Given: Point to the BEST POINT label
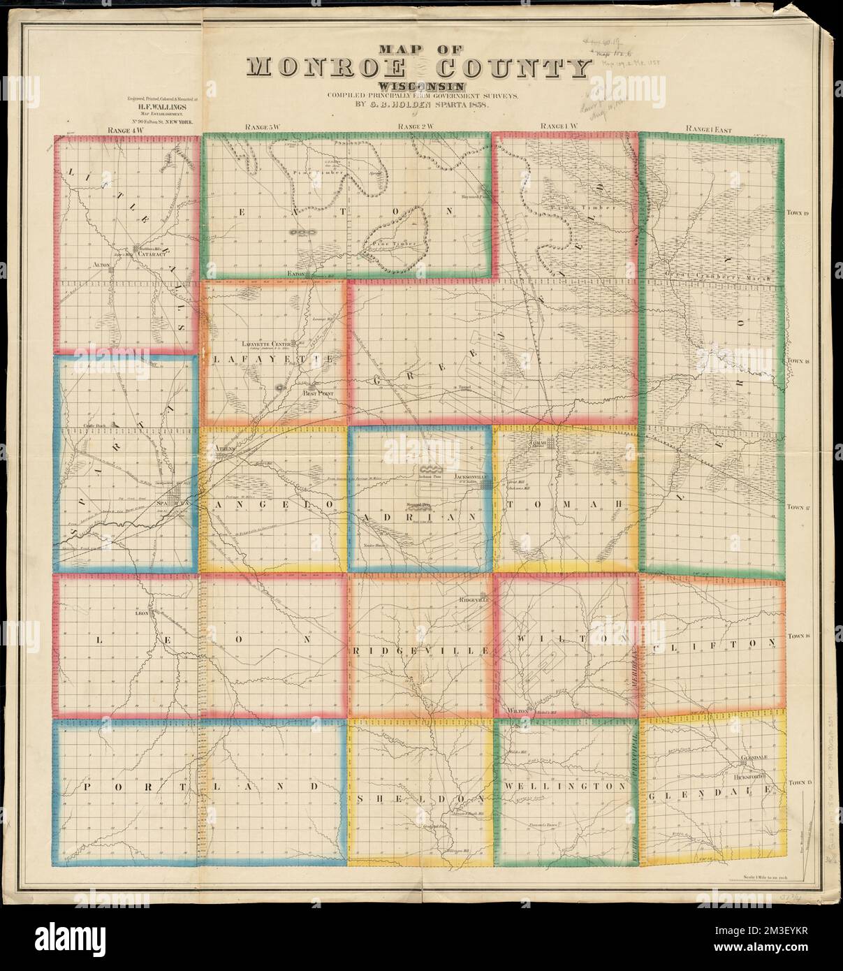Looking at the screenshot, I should (319, 393).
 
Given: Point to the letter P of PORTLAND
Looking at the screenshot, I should (87, 786).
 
